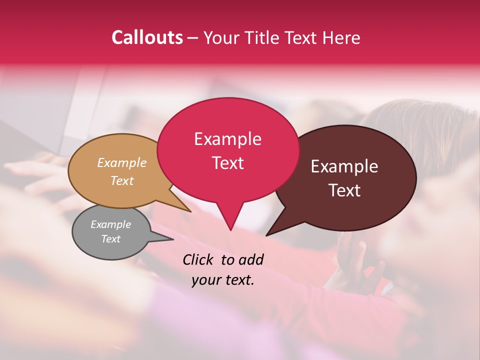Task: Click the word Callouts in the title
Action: point(147,37)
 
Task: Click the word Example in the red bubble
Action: point(227,139)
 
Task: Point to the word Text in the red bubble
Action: point(227,163)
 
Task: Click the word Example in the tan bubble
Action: point(122,162)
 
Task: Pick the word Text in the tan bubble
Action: point(122,180)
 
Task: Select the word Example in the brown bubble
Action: point(344,166)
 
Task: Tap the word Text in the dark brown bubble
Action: point(345,190)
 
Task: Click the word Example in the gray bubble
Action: point(110,224)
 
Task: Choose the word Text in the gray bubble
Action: point(110,239)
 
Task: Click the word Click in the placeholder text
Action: point(199,259)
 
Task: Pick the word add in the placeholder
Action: point(251,259)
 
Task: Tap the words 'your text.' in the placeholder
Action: point(222,280)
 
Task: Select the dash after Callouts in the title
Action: point(193,38)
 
